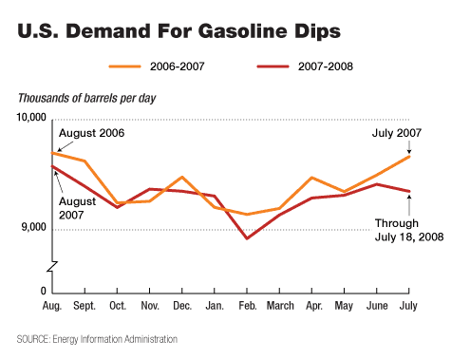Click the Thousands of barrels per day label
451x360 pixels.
click(x=87, y=98)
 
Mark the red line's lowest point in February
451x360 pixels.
click(x=247, y=238)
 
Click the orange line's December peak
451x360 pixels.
click(x=182, y=177)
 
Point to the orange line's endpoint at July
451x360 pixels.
click(x=409, y=156)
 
